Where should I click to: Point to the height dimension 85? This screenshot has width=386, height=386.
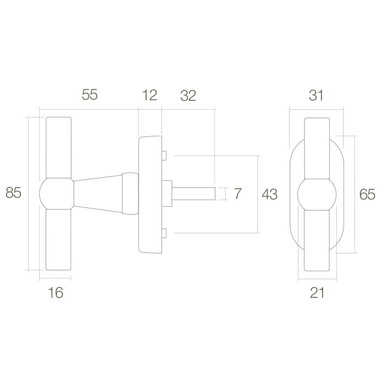pos(14,194)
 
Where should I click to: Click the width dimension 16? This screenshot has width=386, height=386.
pos(56,292)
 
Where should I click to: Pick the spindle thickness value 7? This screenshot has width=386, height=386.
pos(238,194)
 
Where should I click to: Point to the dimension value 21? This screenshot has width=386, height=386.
pos(316,292)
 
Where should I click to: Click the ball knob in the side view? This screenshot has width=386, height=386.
pos(56,194)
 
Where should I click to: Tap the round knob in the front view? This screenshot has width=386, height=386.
pos(316,194)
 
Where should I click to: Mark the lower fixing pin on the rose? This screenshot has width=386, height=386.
pos(164,233)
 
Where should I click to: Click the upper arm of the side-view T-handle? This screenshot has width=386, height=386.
pos(56,146)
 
